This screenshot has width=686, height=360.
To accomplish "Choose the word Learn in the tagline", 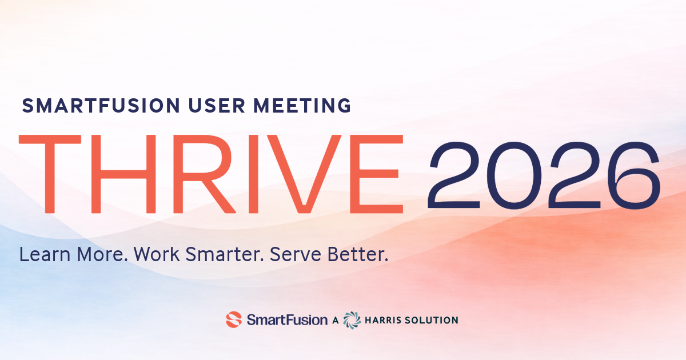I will pos(43,255).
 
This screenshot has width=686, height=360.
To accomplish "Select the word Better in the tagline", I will pos(358,255).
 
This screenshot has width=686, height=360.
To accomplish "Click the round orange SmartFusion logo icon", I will pos(234,319).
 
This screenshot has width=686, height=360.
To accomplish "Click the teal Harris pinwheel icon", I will pos(352,319).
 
